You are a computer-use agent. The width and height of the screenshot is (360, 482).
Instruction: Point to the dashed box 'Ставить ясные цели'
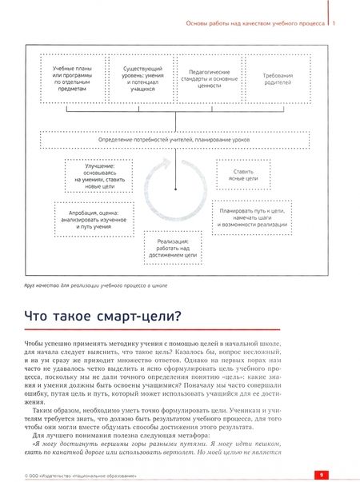[x=245, y=173]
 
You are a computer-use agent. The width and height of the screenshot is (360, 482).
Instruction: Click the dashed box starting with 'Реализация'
[x=174, y=248]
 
